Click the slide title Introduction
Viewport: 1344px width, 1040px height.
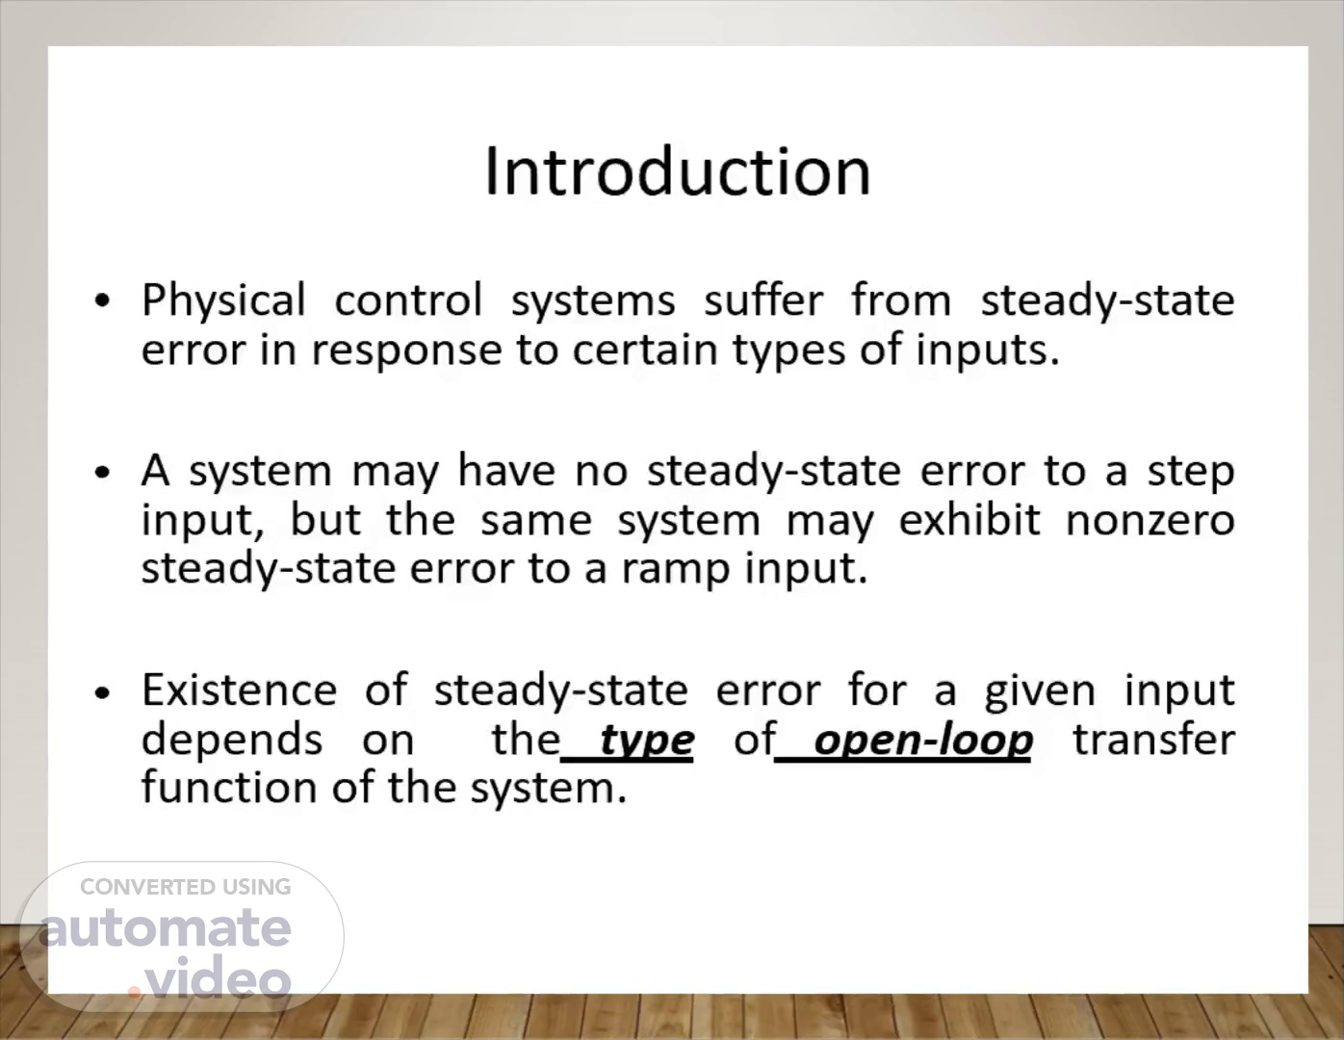pyautogui.click(x=678, y=171)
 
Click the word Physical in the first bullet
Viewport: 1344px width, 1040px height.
pyautogui.click(x=223, y=301)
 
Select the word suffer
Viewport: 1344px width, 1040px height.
pyautogui.click(x=763, y=300)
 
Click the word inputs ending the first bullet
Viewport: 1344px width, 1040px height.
pyautogui.click(x=988, y=351)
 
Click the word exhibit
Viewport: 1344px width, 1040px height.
pyautogui.click(x=969, y=520)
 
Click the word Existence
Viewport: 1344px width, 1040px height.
pyautogui.click(x=240, y=689)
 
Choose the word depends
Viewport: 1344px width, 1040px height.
pyautogui.click(x=232, y=740)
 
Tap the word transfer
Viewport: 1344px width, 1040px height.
pyautogui.click(x=1154, y=739)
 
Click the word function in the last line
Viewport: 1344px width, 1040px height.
pyautogui.click(x=229, y=788)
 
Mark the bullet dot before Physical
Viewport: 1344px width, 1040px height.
pyautogui.click(x=103, y=300)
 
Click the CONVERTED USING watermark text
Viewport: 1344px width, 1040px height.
pyautogui.click(x=186, y=887)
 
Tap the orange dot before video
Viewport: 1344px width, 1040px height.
pyautogui.click(x=134, y=991)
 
